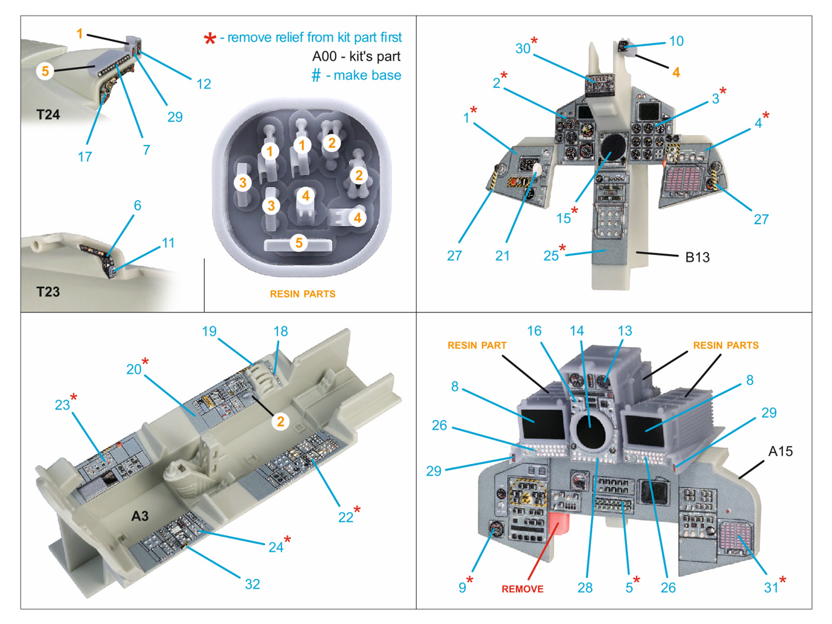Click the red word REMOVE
tap(522, 589)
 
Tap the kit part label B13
tap(697, 257)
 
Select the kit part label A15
tap(780, 451)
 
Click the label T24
tap(48, 114)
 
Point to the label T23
tap(48, 292)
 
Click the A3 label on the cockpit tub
tap(139, 516)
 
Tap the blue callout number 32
tap(252, 584)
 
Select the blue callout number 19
tap(209, 331)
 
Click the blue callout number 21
tap(502, 255)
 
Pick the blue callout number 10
tap(676, 41)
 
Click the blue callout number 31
tap(771, 588)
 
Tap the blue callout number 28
tap(584, 588)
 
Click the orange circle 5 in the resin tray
tap(298, 243)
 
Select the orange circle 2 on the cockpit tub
tap(280, 421)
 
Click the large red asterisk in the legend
tap(210, 39)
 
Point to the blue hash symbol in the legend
tap(316, 76)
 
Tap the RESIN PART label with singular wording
tap(476, 345)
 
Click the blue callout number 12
tap(203, 84)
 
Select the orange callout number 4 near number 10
tap(675, 72)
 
